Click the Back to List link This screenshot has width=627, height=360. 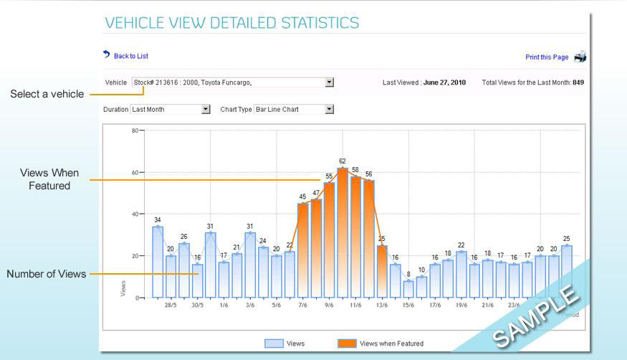[x=130, y=56]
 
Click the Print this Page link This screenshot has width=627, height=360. [x=546, y=57]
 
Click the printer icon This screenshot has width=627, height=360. [x=580, y=57]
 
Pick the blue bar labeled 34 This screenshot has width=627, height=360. [x=158, y=262]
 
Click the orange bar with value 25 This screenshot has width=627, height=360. [x=382, y=272]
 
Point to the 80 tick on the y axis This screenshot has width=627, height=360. [x=134, y=131]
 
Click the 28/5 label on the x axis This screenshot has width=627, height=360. [x=171, y=305]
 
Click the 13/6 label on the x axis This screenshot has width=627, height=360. [x=382, y=305]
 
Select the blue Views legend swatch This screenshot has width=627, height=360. [x=274, y=344]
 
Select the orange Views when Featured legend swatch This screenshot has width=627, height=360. [x=346, y=344]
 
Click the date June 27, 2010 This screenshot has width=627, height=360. [x=444, y=82]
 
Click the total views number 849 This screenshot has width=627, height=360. [x=578, y=82]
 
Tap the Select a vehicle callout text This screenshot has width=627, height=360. [x=47, y=94]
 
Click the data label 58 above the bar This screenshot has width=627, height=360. [x=355, y=170]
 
